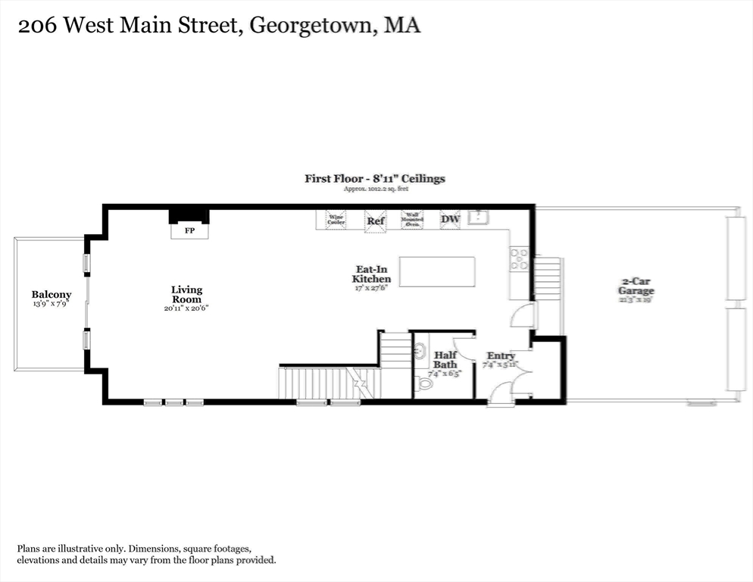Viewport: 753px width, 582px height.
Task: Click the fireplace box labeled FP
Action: coord(189,230)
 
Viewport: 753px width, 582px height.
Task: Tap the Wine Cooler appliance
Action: coord(336,220)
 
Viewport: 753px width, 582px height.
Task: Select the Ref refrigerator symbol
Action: coord(375,221)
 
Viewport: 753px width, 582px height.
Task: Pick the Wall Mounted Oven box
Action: coord(411,219)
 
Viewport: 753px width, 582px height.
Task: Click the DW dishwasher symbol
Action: coord(450,219)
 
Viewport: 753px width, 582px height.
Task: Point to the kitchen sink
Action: coord(478,217)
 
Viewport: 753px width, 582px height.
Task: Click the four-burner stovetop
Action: coord(520,259)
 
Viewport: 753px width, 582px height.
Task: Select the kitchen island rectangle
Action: coord(437,271)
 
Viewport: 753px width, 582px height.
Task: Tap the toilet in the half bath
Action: coord(424,383)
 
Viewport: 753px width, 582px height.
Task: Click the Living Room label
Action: coord(186,294)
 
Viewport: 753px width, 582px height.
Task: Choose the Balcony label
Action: coord(52,295)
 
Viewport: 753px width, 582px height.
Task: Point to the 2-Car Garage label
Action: coord(636,286)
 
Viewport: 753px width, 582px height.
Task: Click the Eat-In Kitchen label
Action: coord(371,274)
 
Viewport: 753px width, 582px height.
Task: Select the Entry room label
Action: coord(501,355)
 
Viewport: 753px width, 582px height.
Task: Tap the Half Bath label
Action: coord(445,359)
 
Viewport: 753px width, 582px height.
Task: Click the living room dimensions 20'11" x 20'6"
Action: coord(186,308)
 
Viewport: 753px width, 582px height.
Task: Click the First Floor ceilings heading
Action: coord(375,179)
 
